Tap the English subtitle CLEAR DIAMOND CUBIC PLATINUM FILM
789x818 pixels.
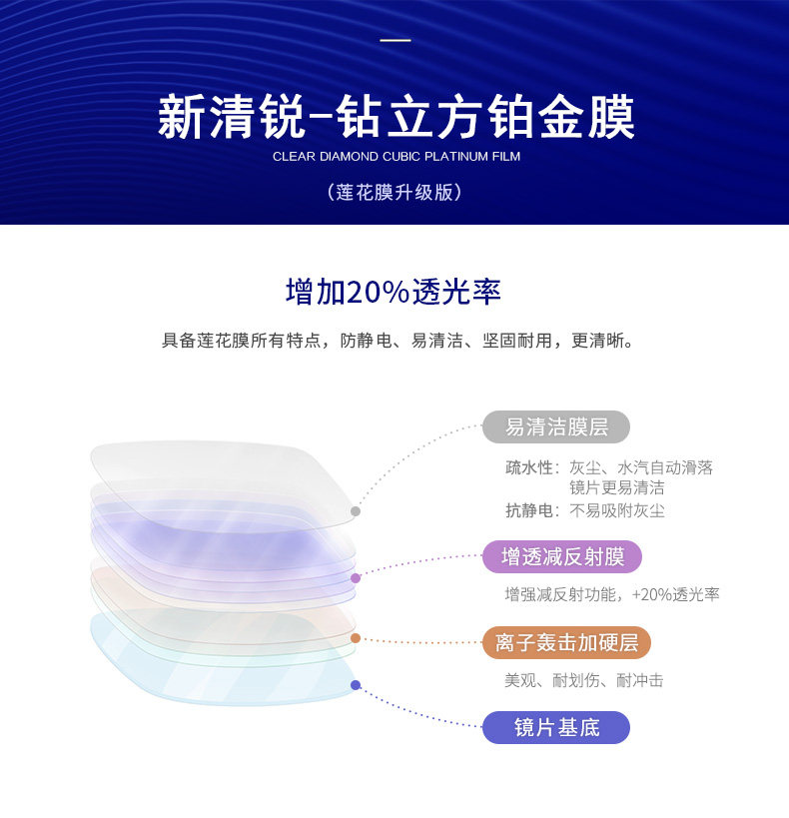click(x=395, y=157)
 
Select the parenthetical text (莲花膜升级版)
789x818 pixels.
click(x=394, y=192)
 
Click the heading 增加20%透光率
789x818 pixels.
click(x=394, y=292)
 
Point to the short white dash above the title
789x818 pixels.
click(x=395, y=41)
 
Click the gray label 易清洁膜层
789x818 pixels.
click(x=556, y=427)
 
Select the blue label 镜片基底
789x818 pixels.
click(x=556, y=728)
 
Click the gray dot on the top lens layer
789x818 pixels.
click(x=355, y=511)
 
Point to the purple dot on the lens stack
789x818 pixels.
click(x=355, y=577)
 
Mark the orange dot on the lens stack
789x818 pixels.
click(x=355, y=638)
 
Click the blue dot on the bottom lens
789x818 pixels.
click(x=355, y=685)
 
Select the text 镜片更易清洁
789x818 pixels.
click(x=616, y=488)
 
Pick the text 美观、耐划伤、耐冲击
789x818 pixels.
click(x=583, y=680)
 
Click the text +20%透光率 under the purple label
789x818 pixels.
click(x=675, y=594)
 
